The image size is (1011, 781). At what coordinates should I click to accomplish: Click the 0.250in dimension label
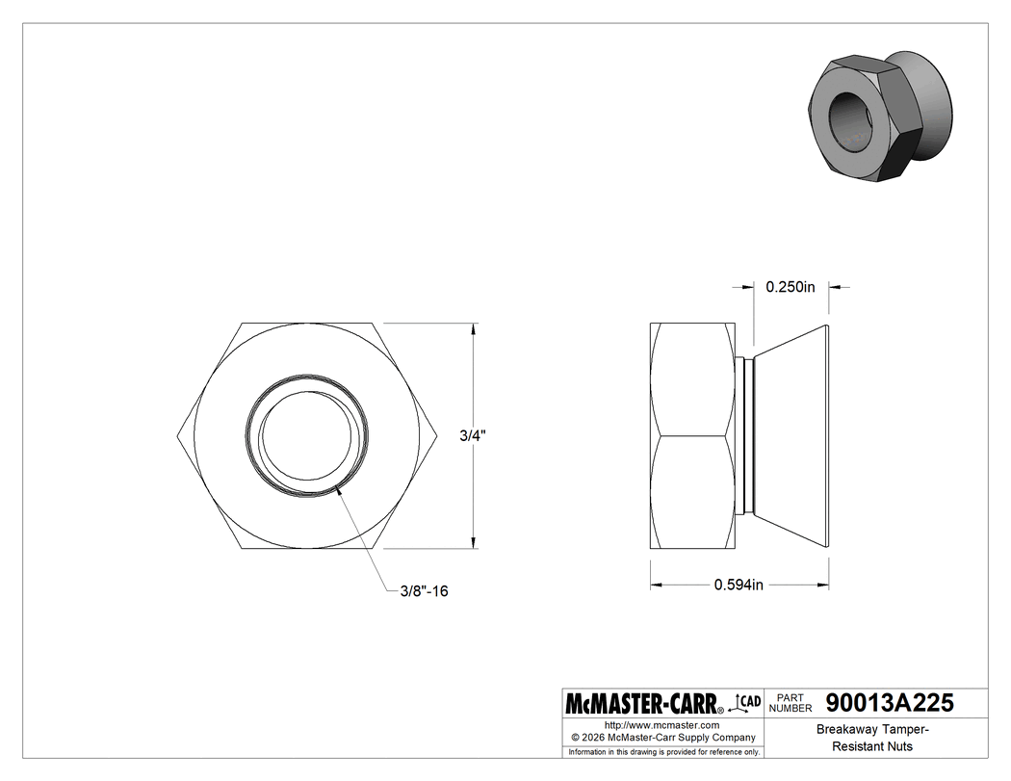tap(790, 287)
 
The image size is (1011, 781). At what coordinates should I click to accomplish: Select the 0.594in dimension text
tap(739, 585)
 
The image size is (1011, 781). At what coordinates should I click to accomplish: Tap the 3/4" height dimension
tap(472, 436)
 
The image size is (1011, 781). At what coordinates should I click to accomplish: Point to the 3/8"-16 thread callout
tap(424, 591)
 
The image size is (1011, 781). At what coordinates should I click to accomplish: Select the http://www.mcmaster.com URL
tap(661, 725)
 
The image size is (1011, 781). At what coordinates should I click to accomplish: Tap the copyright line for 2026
tap(661, 738)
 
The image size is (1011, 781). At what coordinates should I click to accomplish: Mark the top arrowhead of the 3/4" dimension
tap(472, 328)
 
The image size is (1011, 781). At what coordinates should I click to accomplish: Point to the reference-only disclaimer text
tap(664, 751)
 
